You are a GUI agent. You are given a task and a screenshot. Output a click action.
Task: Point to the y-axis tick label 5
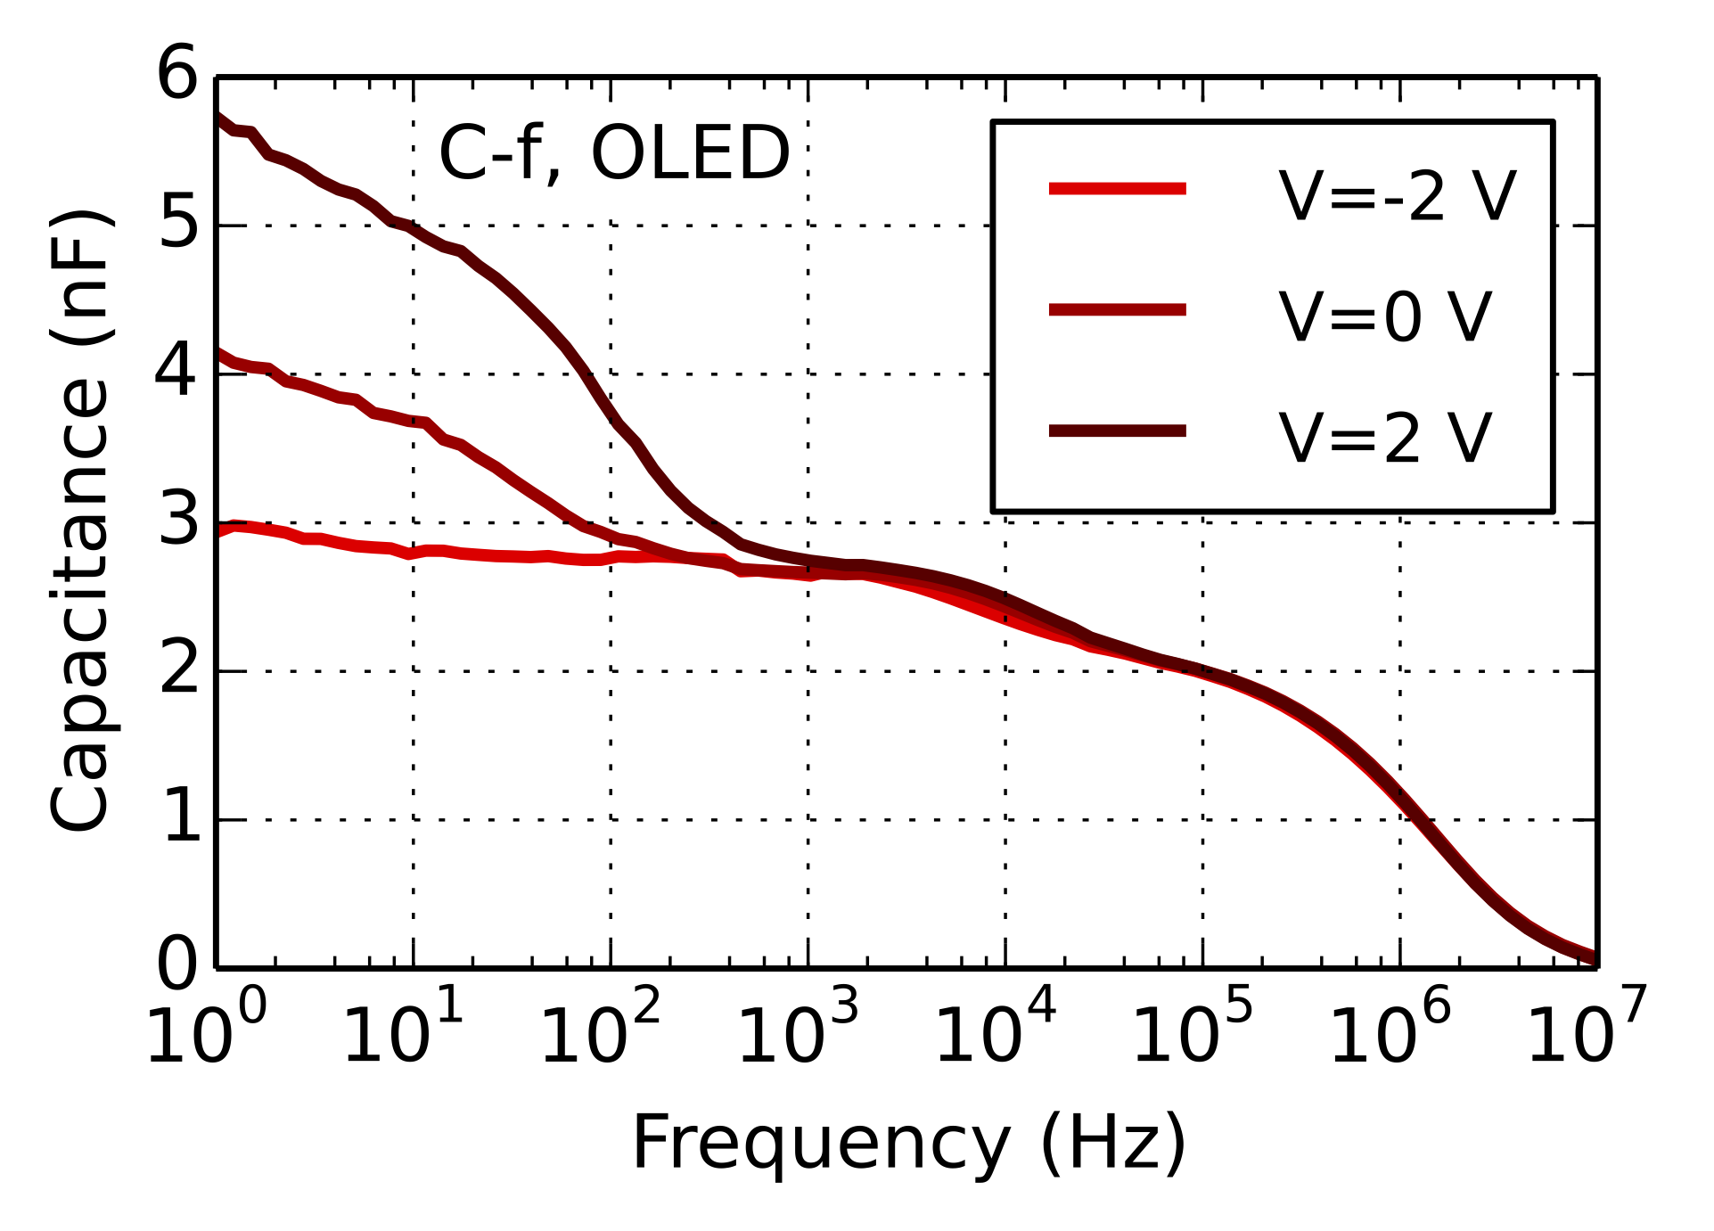(x=177, y=223)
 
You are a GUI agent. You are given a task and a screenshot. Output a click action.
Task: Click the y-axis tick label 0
(x=177, y=965)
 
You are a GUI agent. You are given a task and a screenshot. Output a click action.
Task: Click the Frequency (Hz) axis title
(x=908, y=1144)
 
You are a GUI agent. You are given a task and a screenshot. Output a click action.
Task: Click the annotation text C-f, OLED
(x=614, y=153)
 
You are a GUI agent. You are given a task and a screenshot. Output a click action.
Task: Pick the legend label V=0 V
(x=1384, y=316)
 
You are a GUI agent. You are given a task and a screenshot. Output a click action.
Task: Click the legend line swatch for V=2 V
(x=1117, y=431)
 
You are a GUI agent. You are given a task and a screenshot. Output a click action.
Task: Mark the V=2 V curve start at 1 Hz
(x=217, y=118)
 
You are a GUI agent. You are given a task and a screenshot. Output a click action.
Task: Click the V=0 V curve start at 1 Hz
(x=217, y=353)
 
